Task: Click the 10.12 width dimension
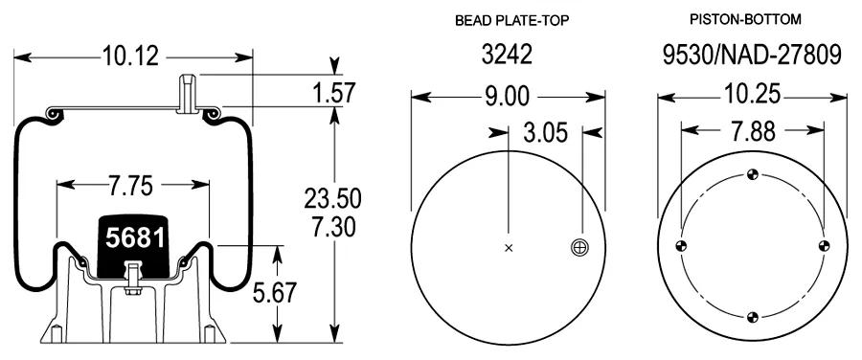point(130,56)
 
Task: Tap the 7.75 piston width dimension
point(130,186)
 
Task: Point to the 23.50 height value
point(332,198)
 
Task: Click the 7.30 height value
point(333,227)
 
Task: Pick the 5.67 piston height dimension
point(274,292)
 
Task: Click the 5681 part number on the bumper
point(135,238)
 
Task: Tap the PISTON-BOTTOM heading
point(745,19)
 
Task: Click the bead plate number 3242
point(507,55)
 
